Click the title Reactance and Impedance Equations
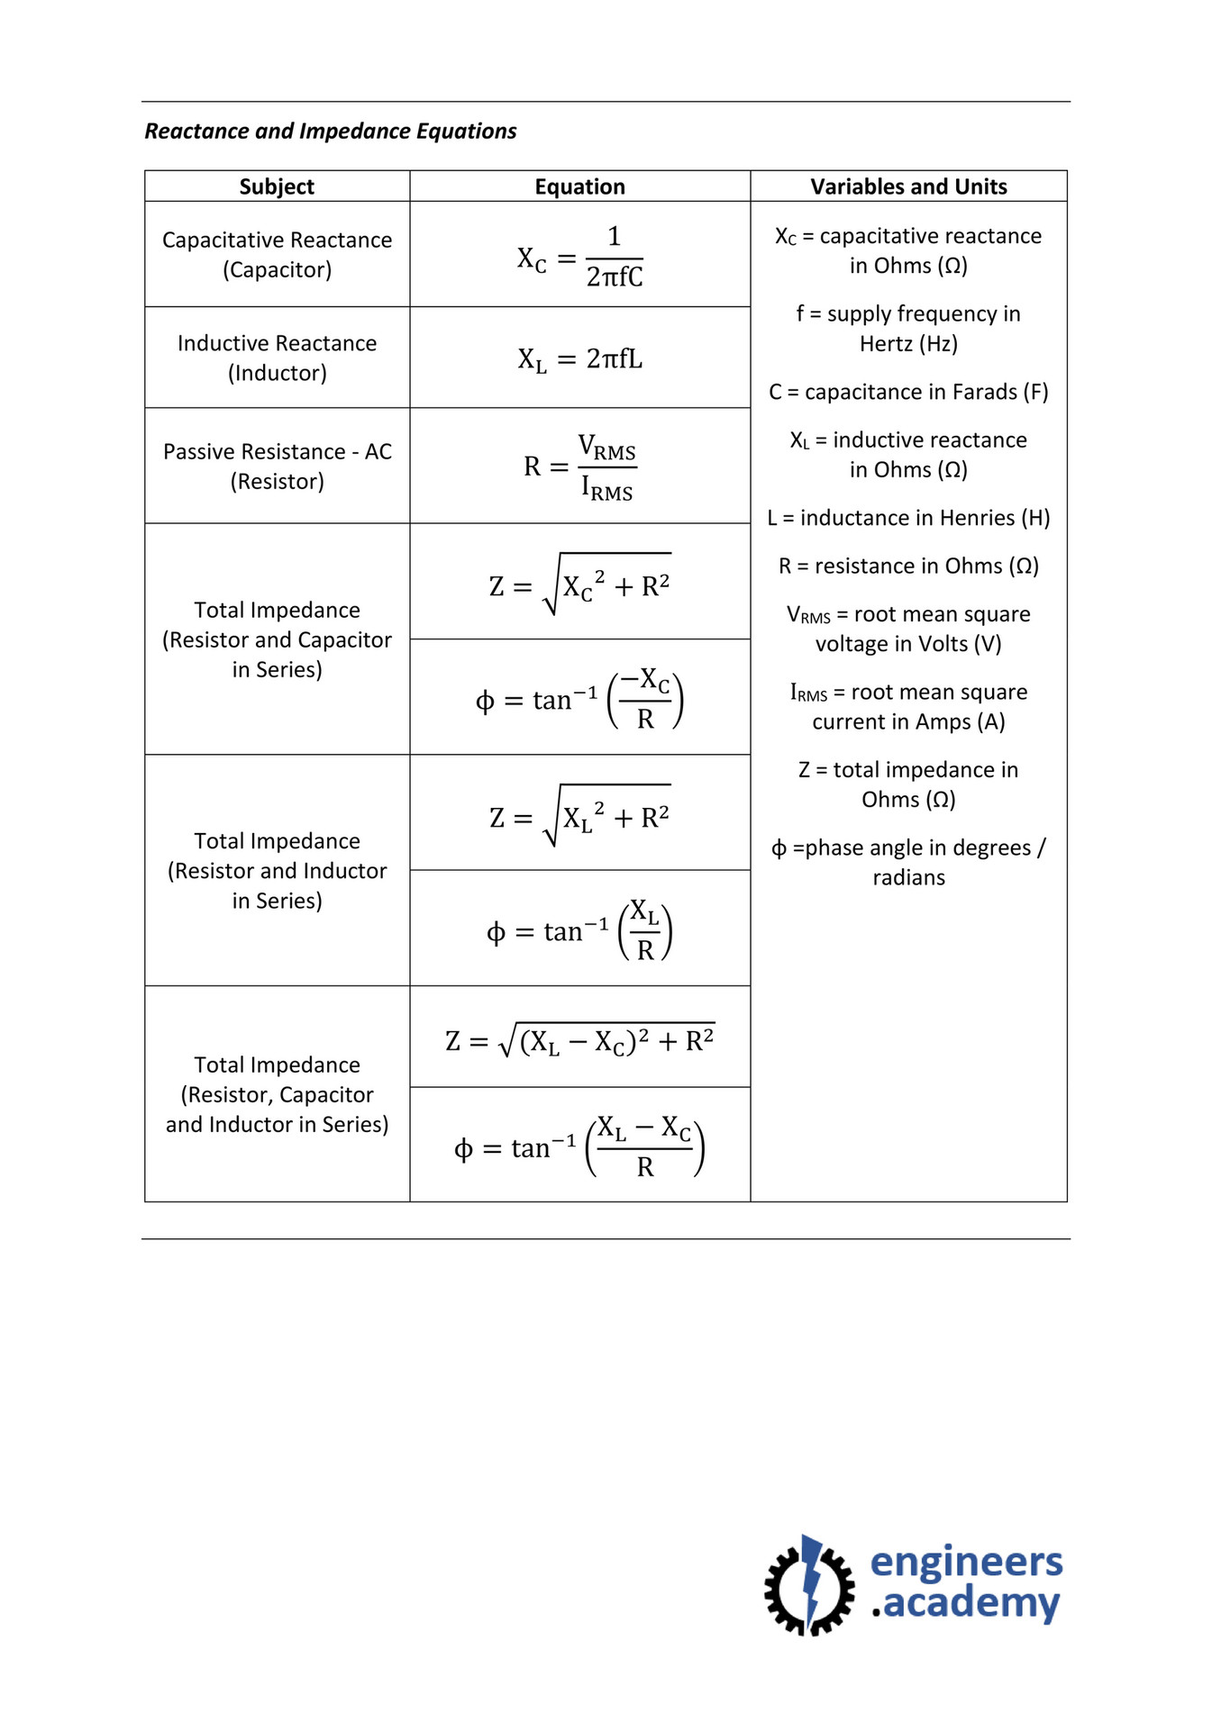point(331,131)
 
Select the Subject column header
point(277,186)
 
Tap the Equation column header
point(579,186)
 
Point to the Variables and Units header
point(908,186)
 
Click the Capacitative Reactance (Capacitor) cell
point(277,255)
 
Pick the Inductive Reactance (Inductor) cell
point(277,358)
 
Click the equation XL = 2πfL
point(579,359)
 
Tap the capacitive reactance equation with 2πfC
point(579,257)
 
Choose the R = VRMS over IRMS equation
point(579,467)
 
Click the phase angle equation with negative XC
point(579,699)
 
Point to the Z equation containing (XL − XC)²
point(579,1040)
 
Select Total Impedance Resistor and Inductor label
point(277,870)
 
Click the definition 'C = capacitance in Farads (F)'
point(908,392)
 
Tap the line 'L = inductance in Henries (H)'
point(908,518)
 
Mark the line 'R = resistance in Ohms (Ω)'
point(908,566)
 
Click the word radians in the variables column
point(908,877)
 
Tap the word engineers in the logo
point(966,1563)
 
